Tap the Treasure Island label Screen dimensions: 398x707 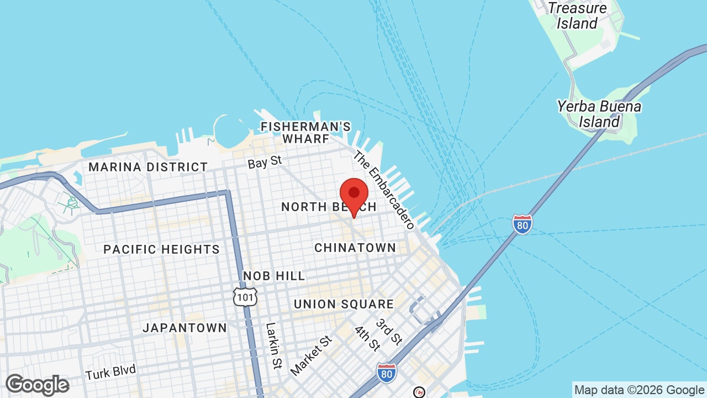pyautogui.click(x=577, y=16)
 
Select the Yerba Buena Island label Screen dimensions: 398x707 pyautogui.click(x=599, y=114)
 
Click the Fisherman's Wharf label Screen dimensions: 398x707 pyautogui.click(x=305, y=133)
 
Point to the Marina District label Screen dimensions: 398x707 pyautogui.click(x=148, y=167)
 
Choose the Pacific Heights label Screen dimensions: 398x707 pyautogui.click(x=161, y=249)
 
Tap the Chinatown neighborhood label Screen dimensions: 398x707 pyautogui.click(x=355, y=248)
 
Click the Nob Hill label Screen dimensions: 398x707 pyautogui.click(x=274, y=276)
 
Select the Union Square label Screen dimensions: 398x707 pyautogui.click(x=344, y=304)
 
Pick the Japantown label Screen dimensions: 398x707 pyautogui.click(x=184, y=328)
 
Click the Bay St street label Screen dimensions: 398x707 pyautogui.click(x=265, y=163)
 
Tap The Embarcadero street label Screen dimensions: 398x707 pyautogui.click(x=384, y=190)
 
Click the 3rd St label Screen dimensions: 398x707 pyautogui.click(x=388, y=331)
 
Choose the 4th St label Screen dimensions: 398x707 pyautogui.click(x=367, y=338)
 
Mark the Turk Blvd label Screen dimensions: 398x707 pyautogui.click(x=110, y=372)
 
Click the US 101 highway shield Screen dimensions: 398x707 pyautogui.click(x=244, y=297)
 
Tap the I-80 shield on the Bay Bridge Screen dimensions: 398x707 pyautogui.click(x=522, y=224)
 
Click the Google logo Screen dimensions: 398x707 pyautogui.click(x=37, y=385)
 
